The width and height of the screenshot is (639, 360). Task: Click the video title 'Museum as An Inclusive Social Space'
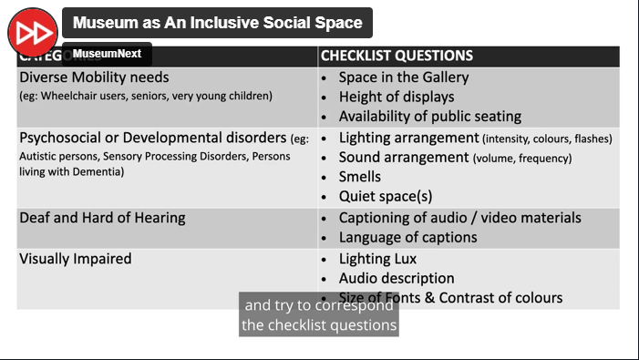tap(217, 24)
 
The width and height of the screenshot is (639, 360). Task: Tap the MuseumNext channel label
tap(107, 54)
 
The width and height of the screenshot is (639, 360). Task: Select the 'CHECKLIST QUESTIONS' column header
tap(397, 56)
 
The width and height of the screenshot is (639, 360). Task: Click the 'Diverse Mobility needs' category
tap(94, 77)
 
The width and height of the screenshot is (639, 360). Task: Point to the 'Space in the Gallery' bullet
tap(403, 77)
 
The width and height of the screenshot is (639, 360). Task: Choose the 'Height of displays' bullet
tap(396, 97)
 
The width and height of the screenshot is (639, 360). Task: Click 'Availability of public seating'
tap(429, 117)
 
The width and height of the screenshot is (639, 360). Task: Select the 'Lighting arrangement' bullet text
tap(409, 138)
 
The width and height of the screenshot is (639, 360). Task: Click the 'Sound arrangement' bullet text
tap(404, 157)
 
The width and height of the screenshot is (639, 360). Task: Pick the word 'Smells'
tap(360, 177)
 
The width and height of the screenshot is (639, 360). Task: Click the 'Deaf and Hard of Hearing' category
tap(102, 218)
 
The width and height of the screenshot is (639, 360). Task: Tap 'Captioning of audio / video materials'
tap(459, 218)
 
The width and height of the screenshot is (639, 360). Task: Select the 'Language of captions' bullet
tap(407, 237)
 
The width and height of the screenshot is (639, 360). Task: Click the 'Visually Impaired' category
tap(76, 259)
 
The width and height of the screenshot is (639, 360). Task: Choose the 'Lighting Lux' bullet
tap(377, 259)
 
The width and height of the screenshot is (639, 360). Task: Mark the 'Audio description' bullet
tap(396, 278)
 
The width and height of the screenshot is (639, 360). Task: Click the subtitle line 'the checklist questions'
tap(319, 325)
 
